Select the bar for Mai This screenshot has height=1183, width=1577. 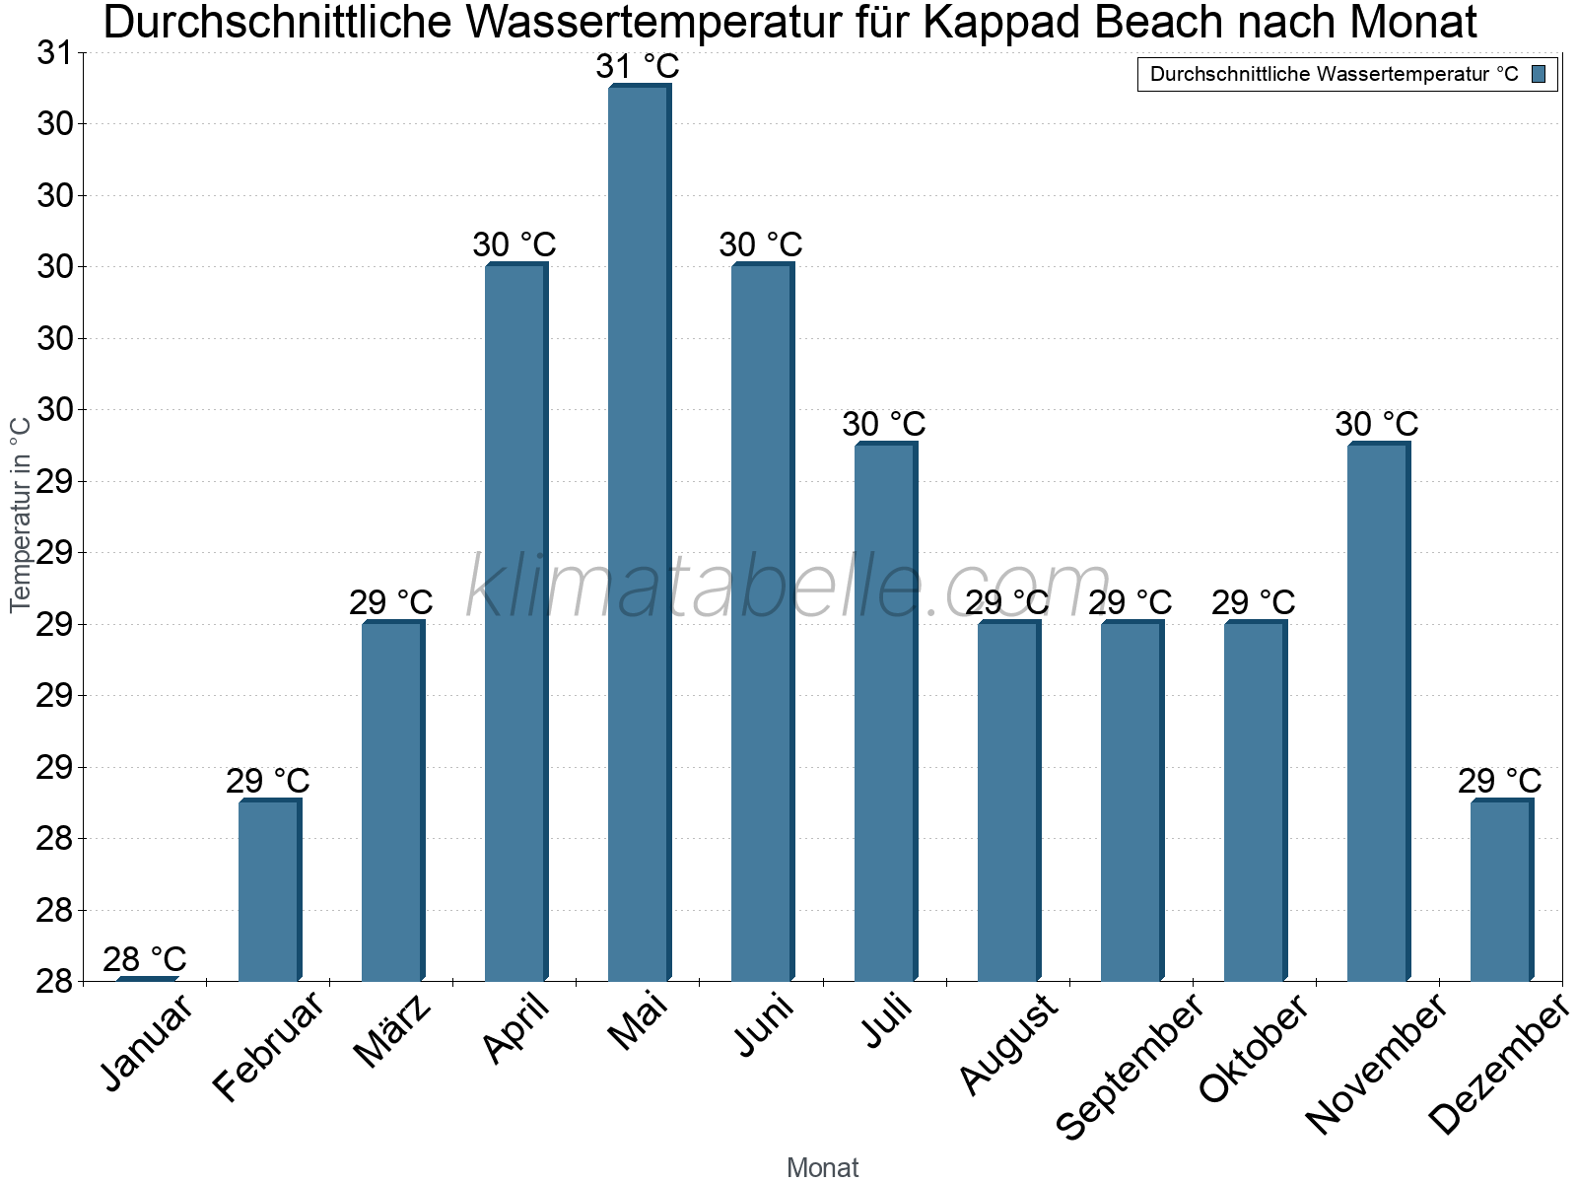click(x=639, y=532)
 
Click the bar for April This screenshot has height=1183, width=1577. click(x=515, y=621)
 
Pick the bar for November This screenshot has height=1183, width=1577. click(x=1378, y=711)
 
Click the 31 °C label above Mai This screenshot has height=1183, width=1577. click(x=638, y=67)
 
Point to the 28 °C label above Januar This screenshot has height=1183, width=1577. click(x=145, y=959)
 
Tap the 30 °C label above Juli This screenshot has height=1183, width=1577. click(x=884, y=424)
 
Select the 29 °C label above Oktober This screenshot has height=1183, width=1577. click(x=1254, y=602)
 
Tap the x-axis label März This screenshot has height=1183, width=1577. click(x=393, y=1032)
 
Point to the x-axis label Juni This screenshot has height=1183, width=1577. click(x=765, y=1026)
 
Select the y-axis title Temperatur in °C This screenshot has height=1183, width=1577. click(x=21, y=514)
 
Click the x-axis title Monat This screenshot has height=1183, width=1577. click(x=823, y=1168)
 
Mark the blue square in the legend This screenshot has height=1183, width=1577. click(x=1540, y=74)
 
